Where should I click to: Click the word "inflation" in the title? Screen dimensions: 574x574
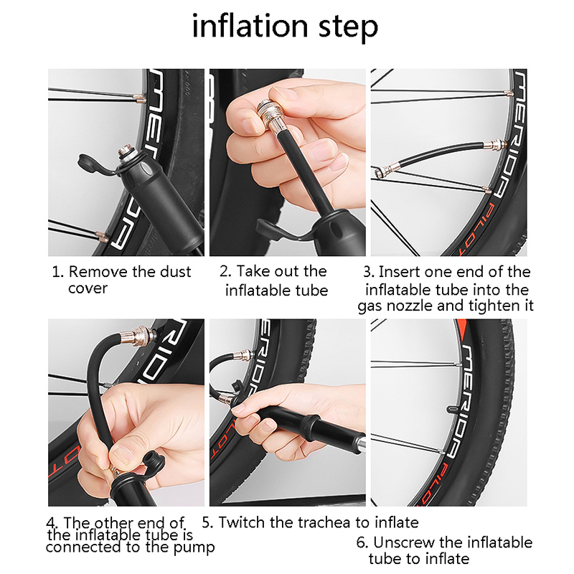click(250, 26)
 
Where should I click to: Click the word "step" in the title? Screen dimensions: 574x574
click(348, 28)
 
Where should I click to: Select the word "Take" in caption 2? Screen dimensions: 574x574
click(253, 271)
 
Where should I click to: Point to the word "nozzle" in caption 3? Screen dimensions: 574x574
click(410, 306)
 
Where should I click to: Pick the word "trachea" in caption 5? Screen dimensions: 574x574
click(324, 522)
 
